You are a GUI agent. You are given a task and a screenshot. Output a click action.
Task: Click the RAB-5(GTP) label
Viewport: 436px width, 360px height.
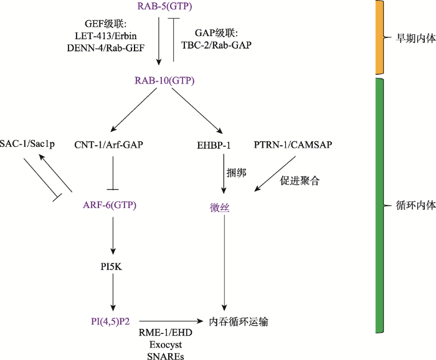tap(164, 6)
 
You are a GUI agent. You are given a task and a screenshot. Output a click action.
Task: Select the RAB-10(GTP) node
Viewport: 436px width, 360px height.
tap(164, 80)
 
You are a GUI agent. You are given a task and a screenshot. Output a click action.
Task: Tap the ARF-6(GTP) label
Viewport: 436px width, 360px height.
tap(110, 205)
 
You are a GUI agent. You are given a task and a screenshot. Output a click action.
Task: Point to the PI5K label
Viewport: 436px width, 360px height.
tap(111, 267)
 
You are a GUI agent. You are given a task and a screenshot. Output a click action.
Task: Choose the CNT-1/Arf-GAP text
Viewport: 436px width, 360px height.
tap(109, 144)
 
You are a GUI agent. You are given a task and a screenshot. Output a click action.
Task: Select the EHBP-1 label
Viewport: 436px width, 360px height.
tap(214, 145)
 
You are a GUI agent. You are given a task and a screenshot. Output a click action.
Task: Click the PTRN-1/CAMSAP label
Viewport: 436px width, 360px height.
tap(293, 144)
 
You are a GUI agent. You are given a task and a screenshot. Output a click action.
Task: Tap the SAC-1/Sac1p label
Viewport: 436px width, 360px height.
tap(27, 144)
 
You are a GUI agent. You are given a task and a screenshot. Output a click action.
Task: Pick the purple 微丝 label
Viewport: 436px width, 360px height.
tap(220, 207)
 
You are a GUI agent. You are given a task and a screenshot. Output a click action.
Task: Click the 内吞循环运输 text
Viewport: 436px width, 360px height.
tap(239, 321)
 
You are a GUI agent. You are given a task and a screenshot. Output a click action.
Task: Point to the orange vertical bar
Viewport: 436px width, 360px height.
tap(379, 37)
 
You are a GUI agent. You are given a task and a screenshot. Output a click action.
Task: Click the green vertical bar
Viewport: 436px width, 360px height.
tap(379, 206)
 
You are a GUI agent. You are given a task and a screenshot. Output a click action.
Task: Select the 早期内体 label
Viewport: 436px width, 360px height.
tap(415, 39)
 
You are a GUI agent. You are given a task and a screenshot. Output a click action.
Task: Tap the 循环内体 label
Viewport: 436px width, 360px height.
tap(415, 206)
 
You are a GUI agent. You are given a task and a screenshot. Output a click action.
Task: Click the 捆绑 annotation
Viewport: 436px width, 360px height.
tap(236, 173)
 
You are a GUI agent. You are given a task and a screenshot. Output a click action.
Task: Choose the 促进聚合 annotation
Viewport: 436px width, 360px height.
tap(300, 181)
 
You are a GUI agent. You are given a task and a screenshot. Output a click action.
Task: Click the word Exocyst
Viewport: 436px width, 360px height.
tap(166, 344)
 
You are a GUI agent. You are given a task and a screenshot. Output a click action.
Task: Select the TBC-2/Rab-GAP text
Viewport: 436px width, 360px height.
tap(216, 45)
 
